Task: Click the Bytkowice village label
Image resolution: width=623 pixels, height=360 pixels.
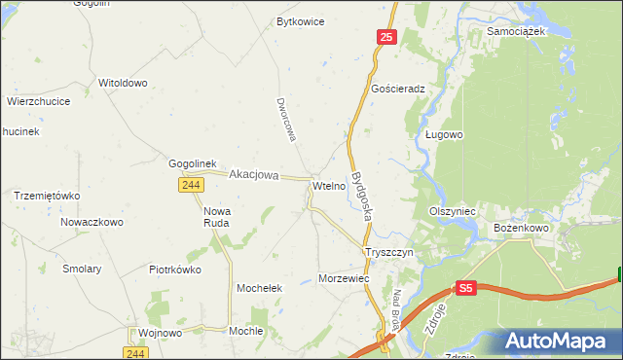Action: click(x=300, y=20)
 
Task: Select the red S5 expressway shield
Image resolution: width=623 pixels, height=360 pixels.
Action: click(x=466, y=288)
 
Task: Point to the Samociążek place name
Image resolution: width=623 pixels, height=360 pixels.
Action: click(x=517, y=30)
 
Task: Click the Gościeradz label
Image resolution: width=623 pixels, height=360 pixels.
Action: click(x=399, y=88)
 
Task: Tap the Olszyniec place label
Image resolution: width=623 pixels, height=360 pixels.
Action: click(x=452, y=210)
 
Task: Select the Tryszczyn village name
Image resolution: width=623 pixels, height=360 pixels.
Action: click(x=389, y=252)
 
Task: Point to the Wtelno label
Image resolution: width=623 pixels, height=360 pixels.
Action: click(x=328, y=185)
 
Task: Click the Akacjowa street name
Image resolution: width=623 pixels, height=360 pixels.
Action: click(x=253, y=175)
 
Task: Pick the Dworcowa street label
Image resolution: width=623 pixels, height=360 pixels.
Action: click(x=284, y=121)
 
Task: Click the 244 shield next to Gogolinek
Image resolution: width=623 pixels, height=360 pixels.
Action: click(x=191, y=185)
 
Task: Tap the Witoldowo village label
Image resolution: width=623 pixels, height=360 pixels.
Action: click(x=123, y=83)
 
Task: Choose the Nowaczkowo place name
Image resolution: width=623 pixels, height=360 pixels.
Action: click(x=92, y=222)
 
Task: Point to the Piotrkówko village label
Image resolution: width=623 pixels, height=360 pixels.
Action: click(x=174, y=270)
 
